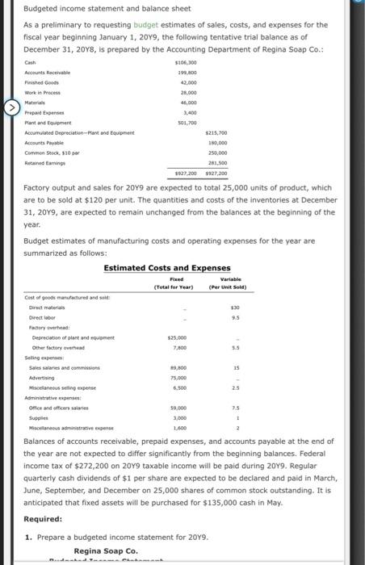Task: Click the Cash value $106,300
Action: [187, 62]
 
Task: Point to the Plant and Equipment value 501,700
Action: [187, 123]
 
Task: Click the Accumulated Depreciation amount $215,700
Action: [216, 133]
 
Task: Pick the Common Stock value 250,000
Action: [218, 153]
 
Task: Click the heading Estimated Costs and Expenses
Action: [167, 268]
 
